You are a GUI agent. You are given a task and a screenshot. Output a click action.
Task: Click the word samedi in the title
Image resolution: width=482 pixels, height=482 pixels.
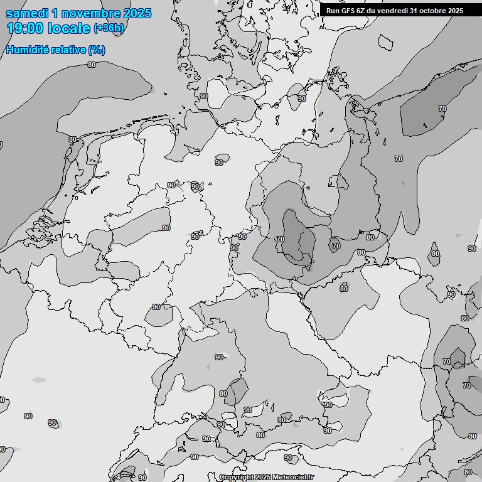click(26, 13)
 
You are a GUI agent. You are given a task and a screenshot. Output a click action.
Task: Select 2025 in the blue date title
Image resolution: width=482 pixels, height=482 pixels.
click(138, 13)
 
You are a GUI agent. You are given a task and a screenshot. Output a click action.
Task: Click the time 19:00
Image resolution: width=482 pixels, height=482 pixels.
click(25, 28)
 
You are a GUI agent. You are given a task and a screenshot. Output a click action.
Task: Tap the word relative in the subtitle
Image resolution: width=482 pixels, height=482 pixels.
click(67, 50)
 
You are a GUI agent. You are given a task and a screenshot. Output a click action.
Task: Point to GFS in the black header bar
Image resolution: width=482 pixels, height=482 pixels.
click(347, 10)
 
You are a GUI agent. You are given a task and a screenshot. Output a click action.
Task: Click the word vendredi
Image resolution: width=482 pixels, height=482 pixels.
click(392, 10)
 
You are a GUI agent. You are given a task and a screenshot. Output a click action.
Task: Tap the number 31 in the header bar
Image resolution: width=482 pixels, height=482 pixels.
click(415, 10)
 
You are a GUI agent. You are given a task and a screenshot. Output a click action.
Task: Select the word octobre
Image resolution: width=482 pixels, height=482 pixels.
click(434, 10)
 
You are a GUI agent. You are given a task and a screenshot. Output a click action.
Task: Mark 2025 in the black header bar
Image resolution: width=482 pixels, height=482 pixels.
click(455, 10)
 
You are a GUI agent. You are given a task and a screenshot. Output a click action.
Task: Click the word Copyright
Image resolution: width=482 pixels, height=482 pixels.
click(236, 477)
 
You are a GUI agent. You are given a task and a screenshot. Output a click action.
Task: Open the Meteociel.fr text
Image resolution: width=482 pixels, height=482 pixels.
click(293, 477)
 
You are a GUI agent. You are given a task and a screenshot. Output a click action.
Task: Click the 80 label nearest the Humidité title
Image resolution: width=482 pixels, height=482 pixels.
click(92, 65)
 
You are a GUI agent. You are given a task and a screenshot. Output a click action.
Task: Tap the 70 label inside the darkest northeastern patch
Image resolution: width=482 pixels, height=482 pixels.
click(442, 109)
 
